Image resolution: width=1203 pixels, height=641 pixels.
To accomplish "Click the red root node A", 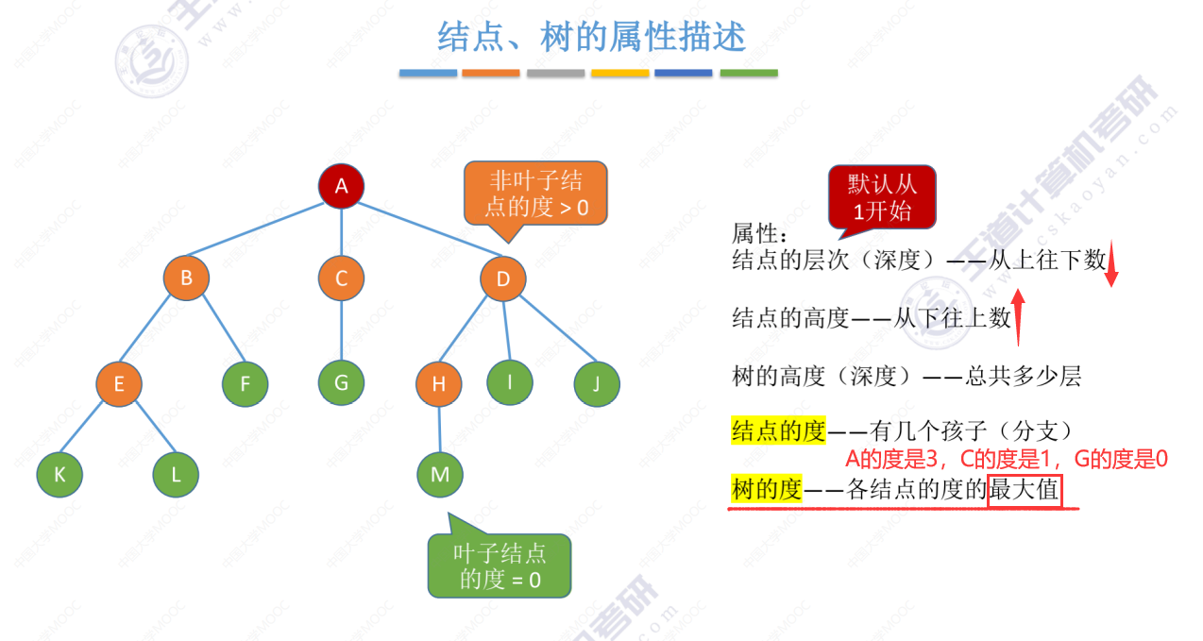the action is click(x=341, y=186).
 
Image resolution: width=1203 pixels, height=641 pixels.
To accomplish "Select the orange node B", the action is click(x=186, y=278).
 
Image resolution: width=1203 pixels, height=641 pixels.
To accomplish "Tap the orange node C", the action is click(x=341, y=278).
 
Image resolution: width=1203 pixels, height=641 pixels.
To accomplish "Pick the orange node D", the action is click(x=502, y=278).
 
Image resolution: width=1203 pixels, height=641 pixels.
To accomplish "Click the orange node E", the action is click(x=119, y=383).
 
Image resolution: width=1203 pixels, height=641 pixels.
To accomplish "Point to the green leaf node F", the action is click(x=246, y=383).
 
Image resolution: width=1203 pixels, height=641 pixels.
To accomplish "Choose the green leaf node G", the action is click(x=341, y=383).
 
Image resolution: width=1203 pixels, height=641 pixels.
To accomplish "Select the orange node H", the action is click(x=438, y=383).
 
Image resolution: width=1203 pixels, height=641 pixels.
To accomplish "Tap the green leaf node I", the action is click(x=510, y=381).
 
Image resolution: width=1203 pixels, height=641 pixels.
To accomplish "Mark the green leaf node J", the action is click(x=597, y=383).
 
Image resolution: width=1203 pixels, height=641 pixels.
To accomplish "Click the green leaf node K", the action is click(x=60, y=475).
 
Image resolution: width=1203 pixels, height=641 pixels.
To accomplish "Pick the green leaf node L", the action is click(x=176, y=475).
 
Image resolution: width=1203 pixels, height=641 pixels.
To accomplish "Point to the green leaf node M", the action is click(x=440, y=474).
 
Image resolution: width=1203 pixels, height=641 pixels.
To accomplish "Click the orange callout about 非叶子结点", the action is click(x=535, y=194).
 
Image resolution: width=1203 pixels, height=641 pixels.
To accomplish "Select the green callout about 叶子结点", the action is click(x=500, y=565).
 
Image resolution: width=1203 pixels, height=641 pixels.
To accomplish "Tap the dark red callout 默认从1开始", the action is click(x=881, y=197).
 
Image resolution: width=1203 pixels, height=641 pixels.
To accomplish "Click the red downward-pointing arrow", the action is click(x=1111, y=263).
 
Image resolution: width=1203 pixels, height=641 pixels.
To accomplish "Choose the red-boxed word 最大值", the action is click(x=1025, y=491).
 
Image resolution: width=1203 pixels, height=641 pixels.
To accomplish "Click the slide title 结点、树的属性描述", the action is click(x=591, y=37).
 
